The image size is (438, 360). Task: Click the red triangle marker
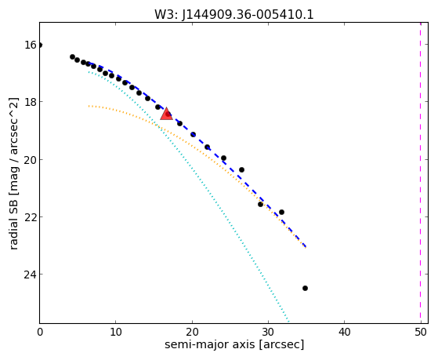166,115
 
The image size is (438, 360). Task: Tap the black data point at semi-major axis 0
40,45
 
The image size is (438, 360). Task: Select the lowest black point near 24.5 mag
305,288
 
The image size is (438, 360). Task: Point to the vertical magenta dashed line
421,173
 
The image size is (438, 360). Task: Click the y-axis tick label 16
31,45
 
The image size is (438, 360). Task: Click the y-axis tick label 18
31,102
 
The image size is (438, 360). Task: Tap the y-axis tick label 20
31,160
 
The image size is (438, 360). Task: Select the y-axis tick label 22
31,217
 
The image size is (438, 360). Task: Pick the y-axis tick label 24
31,275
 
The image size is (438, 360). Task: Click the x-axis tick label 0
40,332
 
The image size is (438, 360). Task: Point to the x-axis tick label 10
116,332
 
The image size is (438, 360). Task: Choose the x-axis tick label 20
192,332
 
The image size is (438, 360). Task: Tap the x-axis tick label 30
268,332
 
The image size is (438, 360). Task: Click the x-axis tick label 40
345,332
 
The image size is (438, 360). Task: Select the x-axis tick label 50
421,332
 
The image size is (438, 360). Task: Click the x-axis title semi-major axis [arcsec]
234,344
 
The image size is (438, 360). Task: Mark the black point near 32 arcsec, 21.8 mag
281,212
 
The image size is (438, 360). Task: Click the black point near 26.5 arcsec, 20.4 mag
241,169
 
